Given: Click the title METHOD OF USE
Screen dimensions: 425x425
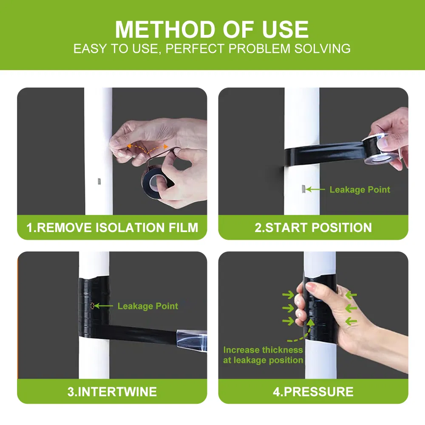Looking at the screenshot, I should coord(212,29).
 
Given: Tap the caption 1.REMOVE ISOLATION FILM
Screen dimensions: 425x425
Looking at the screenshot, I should coord(112,227).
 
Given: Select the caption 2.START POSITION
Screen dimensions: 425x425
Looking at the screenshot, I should coord(313,227).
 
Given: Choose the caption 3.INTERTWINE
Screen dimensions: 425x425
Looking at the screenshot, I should coord(112,391).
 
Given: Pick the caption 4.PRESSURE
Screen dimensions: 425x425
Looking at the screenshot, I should coord(313,391).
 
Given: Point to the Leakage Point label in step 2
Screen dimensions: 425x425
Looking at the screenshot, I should coord(360,190).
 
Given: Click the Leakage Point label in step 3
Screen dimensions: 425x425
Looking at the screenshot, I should coord(147,306).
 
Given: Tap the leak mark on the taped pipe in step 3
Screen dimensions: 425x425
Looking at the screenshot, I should coord(92,306).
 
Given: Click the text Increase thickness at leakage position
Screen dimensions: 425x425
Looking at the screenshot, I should coord(263,355).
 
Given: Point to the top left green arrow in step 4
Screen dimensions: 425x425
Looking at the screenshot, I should coord(288,295).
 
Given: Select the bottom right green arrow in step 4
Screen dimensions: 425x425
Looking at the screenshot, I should coord(351,322).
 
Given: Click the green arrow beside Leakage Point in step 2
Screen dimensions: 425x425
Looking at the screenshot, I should coord(315,189).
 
